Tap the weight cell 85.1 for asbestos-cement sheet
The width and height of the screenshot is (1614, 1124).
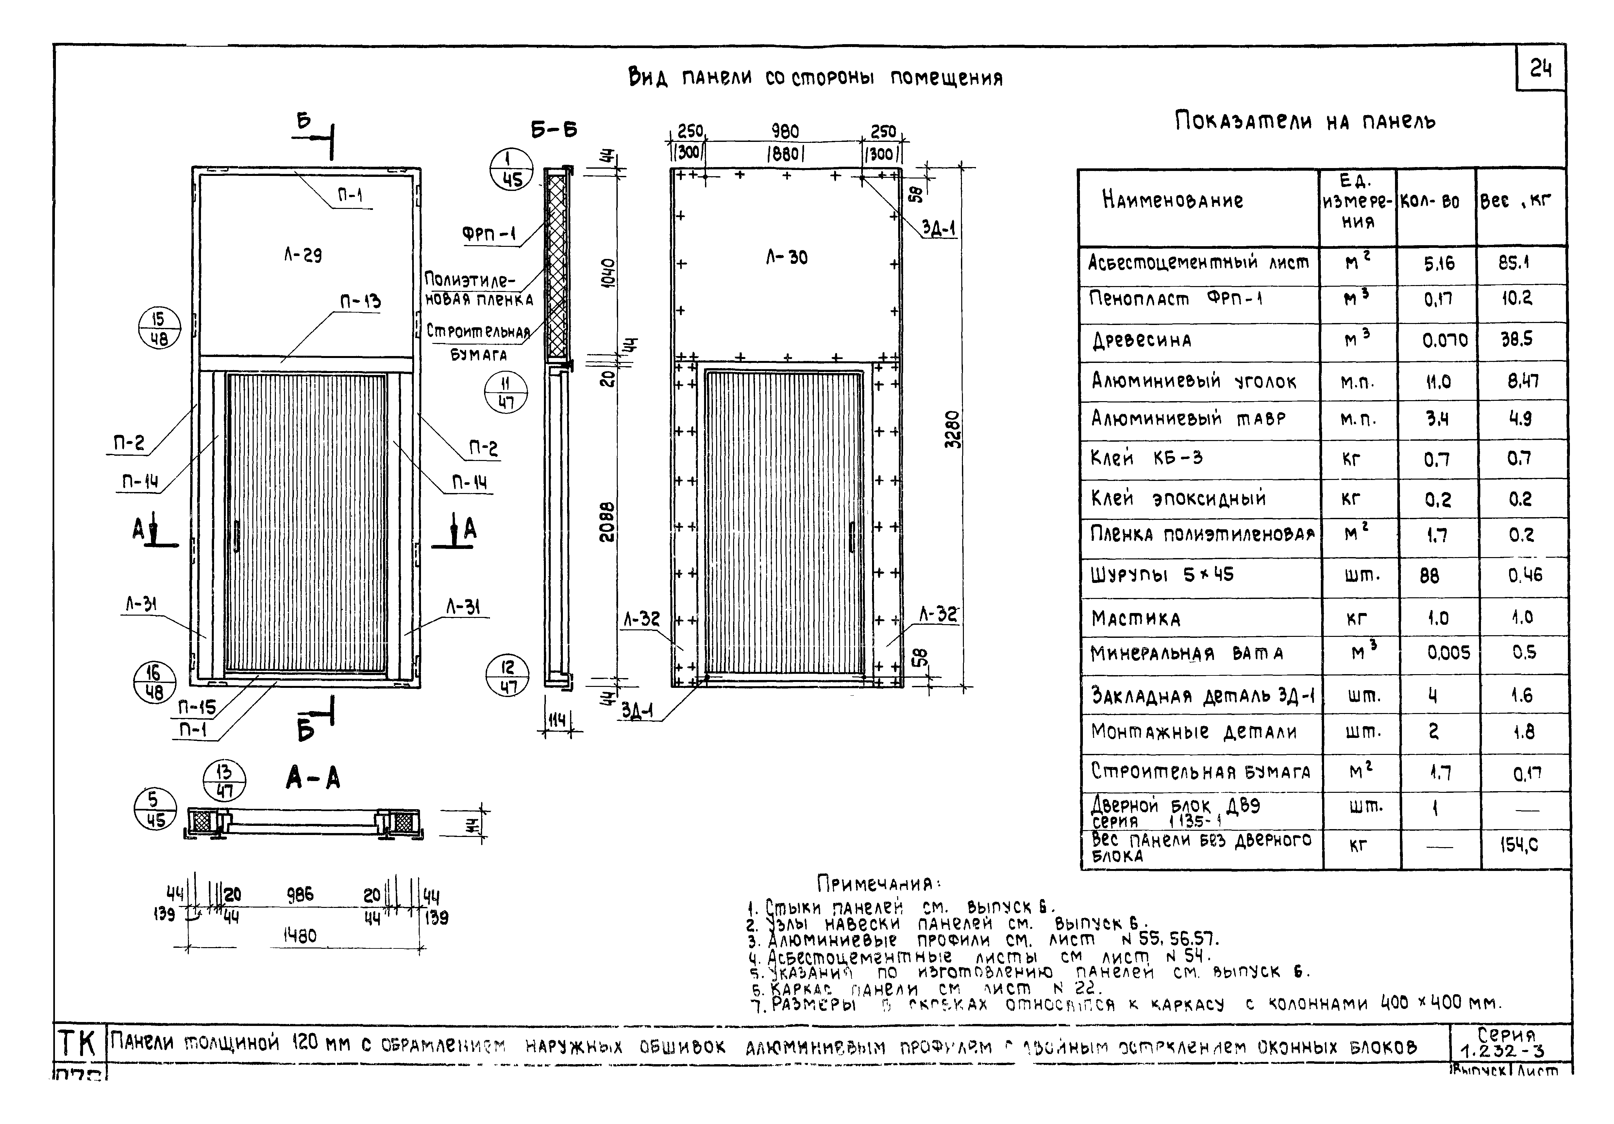tap(1513, 263)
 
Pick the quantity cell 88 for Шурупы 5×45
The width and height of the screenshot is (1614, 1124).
tap(1429, 576)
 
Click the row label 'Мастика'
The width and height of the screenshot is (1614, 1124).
tap(1136, 619)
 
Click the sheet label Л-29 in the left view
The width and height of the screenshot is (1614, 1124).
tap(303, 255)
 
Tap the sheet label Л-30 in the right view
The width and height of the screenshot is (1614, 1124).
tap(787, 257)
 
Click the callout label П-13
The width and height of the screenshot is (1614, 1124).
tap(361, 301)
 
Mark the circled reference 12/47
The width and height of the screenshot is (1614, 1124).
tap(507, 676)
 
